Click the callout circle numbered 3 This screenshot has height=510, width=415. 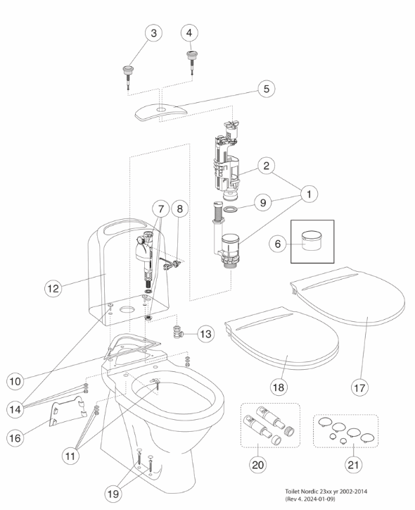click(x=153, y=33)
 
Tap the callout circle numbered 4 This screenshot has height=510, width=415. click(x=189, y=33)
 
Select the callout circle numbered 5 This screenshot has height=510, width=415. click(x=267, y=89)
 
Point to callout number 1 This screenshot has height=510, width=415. click(x=309, y=194)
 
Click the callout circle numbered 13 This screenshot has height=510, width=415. click(x=206, y=334)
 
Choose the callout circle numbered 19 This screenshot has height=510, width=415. click(x=113, y=494)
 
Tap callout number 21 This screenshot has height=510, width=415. click(x=353, y=465)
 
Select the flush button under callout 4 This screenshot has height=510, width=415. click(x=191, y=62)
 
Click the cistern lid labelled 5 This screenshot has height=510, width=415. click(x=161, y=113)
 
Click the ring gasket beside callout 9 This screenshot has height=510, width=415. click(x=230, y=209)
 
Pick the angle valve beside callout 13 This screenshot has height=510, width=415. click(x=177, y=331)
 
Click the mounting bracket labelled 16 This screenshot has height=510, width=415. click(x=68, y=412)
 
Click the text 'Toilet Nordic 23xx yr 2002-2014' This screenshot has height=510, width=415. click(x=326, y=491)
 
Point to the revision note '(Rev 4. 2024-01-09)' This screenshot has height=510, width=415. click(x=309, y=499)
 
